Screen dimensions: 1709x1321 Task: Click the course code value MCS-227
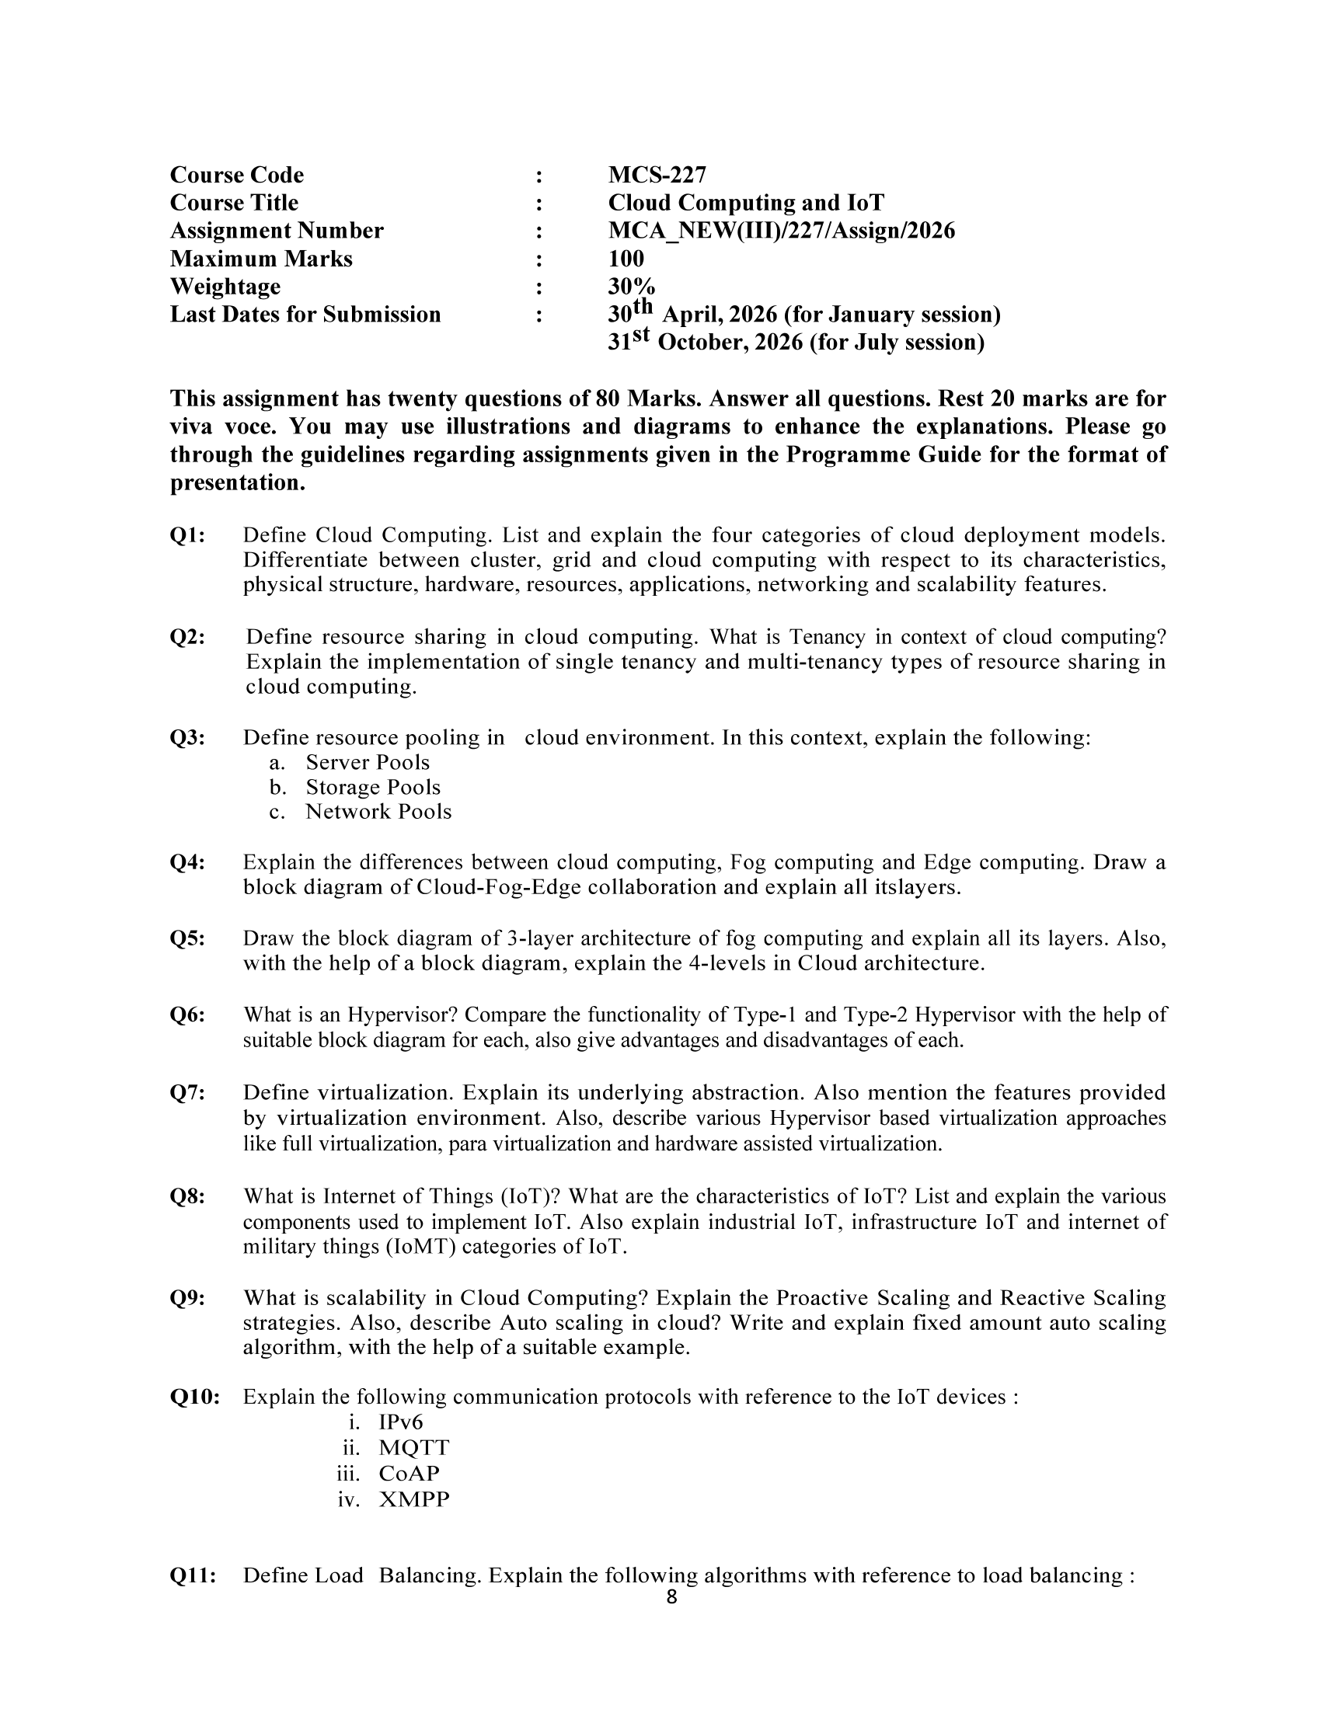657,175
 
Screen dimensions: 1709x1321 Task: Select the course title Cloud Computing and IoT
746,203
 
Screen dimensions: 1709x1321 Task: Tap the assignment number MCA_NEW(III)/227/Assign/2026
781,231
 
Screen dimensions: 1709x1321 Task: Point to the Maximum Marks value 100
626,259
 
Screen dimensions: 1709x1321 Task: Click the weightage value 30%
632,287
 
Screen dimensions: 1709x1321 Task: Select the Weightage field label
225,287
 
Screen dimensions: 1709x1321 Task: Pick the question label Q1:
188,535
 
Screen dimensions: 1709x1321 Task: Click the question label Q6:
188,1015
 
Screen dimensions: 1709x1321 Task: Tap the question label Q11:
193,1575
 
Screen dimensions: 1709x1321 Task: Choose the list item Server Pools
367,762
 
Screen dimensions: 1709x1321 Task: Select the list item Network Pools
378,812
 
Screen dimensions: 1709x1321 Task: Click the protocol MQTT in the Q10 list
414,1448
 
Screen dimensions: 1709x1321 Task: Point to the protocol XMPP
414,1499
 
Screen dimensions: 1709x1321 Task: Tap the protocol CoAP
409,1474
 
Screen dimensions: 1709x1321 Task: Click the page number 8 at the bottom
671,1598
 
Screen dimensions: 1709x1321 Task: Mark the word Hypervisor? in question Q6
403,1015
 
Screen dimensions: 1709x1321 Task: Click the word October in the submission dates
702,343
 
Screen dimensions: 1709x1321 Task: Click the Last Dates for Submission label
305,315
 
